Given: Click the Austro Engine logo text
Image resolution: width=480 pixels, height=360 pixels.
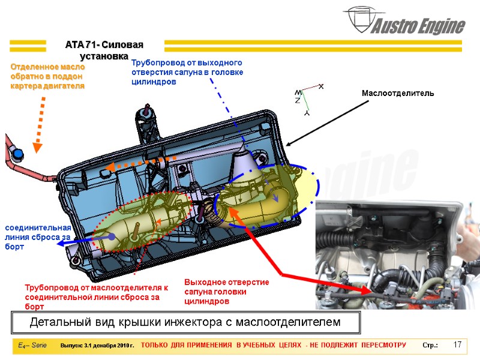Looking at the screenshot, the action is (419, 26).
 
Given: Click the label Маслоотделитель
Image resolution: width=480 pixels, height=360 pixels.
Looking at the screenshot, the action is (397, 94).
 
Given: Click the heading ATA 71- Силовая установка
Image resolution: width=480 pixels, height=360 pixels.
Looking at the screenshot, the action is (105, 50).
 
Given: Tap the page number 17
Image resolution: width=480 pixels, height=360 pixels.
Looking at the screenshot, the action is (457, 345).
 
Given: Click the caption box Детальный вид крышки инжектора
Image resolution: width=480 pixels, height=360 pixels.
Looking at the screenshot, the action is (185, 323).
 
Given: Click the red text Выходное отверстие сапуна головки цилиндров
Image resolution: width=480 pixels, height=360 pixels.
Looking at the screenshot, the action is (226, 291).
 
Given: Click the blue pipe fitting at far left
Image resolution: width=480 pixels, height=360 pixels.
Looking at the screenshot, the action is (19, 155).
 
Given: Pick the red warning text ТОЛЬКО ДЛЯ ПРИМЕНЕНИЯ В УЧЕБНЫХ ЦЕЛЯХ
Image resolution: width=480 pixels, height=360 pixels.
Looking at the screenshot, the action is (273, 346).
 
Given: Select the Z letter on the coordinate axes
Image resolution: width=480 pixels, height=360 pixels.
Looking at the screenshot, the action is (298, 101).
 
